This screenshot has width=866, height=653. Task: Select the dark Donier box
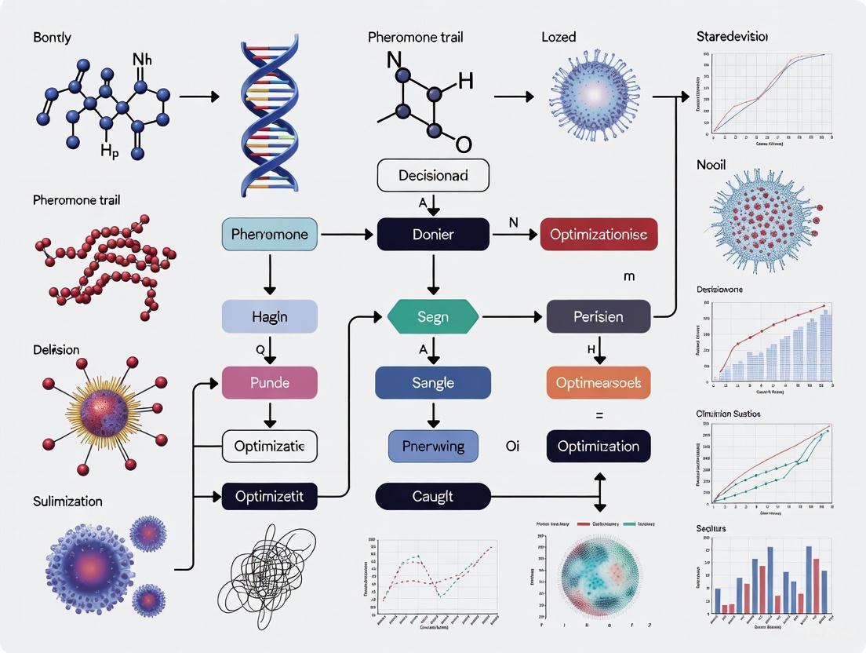pyautogui.click(x=433, y=234)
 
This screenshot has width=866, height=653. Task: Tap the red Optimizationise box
pyautogui.click(x=599, y=234)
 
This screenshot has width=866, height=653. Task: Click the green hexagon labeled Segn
pyautogui.click(x=433, y=317)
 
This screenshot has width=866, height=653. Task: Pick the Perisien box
pyautogui.click(x=599, y=317)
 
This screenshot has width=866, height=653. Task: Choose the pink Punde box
pyautogui.click(x=270, y=382)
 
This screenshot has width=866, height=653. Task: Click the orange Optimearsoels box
pyautogui.click(x=599, y=382)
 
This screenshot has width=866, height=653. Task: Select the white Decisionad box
pyautogui.click(x=433, y=175)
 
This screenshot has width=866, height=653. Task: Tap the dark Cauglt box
pyautogui.click(x=433, y=496)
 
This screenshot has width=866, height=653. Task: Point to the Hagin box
pyautogui.click(x=270, y=317)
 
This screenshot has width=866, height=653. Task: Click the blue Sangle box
pyautogui.click(x=433, y=382)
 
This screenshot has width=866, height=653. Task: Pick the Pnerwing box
pyautogui.click(x=433, y=446)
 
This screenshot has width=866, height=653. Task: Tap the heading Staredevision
pyautogui.click(x=732, y=37)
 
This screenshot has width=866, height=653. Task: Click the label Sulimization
pyautogui.click(x=68, y=501)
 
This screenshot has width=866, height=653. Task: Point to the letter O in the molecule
pyautogui.click(x=464, y=144)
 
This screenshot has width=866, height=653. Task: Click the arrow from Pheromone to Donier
pyautogui.click(x=348, y=234)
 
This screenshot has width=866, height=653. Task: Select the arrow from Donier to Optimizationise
pyautogui.click(x=515, y=234)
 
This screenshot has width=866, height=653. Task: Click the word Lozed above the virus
pyautogui.click(x=559, y=37)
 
